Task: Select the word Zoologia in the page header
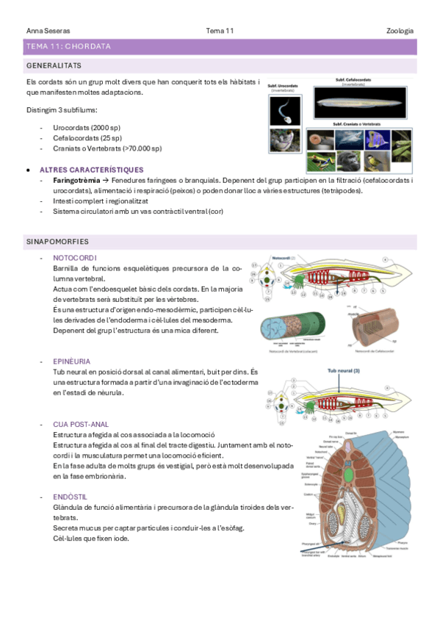tap(400, 31)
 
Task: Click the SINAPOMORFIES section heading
tap(57, 240)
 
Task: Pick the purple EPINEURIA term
tap(72, 361)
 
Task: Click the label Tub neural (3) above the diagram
tap(343, 371)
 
